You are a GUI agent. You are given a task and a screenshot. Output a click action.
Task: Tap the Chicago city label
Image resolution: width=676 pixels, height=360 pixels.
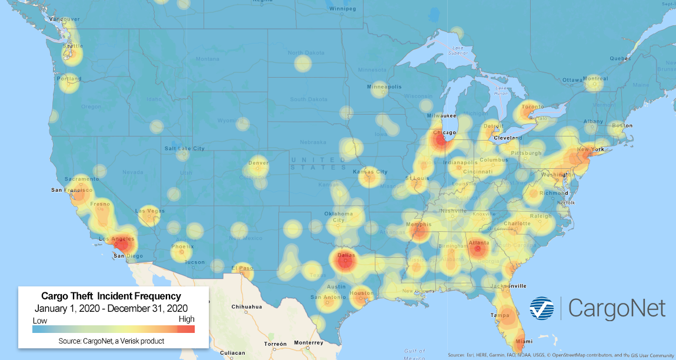[x=444, y=133]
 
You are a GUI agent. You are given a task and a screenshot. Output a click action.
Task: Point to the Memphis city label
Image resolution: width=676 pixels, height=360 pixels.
[x=418, y=225]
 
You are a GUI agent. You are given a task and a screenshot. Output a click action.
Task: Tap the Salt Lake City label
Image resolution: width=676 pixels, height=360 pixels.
[x=185, y=149]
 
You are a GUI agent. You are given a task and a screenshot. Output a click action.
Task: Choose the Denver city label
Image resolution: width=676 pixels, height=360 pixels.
[x=258, y=163]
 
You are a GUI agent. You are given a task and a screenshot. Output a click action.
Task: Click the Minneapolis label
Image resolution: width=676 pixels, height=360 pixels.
[x=384, y=87]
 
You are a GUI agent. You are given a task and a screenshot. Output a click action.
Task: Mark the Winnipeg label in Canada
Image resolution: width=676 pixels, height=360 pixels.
[x=344, y=9]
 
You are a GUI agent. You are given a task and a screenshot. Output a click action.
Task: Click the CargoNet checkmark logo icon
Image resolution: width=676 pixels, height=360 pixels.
[x=542, y=309]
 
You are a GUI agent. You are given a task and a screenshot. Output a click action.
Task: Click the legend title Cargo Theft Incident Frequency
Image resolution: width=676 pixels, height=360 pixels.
[x=111, y=296]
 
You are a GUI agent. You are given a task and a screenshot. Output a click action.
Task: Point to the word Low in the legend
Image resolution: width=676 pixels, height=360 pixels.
[x=39, y=321]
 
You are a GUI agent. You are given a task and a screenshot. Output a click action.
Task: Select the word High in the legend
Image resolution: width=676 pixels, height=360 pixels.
[x=186, y=319]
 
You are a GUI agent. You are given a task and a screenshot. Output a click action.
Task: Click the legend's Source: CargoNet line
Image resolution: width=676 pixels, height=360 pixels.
[x=111, y=341]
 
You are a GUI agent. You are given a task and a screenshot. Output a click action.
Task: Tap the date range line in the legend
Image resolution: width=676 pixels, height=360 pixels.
[x=111, y=308]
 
